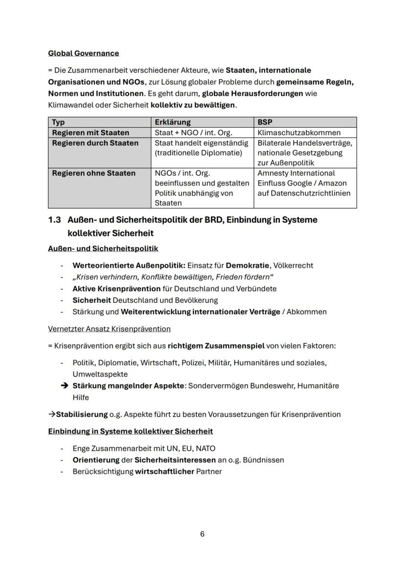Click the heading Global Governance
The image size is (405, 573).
83,53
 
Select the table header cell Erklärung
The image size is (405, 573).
172,122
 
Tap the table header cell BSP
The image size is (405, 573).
265,122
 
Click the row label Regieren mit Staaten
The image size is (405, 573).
90,133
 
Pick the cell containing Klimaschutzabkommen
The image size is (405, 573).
299,133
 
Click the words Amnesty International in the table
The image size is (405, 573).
296,173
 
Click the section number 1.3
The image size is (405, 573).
54,220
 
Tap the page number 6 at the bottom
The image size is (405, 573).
202,534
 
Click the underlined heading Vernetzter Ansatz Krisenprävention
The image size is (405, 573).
109,329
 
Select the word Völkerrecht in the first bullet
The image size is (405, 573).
293,265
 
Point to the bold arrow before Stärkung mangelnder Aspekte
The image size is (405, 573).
64,386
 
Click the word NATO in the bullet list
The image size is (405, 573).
205,448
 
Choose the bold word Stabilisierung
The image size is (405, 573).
82,414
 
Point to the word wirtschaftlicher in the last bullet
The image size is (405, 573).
164,472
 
